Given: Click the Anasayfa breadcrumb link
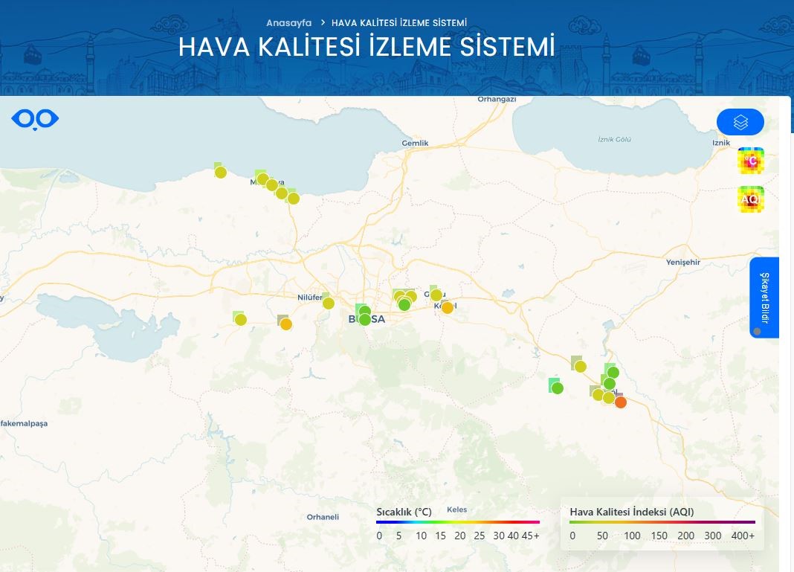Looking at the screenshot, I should (288, 23).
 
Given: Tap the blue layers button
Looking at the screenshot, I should (740, 122).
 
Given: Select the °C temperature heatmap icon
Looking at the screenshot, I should (751, 161).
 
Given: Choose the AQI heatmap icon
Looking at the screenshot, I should (751, 199).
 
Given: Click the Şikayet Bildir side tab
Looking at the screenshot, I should (764, 298).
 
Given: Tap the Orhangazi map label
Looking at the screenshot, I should (497, 99).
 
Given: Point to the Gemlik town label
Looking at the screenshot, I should (415, 143).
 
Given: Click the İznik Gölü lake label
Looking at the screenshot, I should (615, 140).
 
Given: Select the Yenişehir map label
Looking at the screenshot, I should (684, 262).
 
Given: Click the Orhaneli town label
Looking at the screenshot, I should (323, 517).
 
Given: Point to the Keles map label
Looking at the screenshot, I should (456, 510).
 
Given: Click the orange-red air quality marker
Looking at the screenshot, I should (621, 402).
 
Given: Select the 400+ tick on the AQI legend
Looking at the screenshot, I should (742, 536).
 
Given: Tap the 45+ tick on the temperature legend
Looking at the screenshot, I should (531, 536).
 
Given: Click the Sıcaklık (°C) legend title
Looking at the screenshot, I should (404, 512).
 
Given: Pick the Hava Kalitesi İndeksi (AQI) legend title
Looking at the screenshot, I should (631, 512).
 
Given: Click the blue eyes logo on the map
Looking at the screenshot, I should (35, 119).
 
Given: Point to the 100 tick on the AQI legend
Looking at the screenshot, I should (632, 536).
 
